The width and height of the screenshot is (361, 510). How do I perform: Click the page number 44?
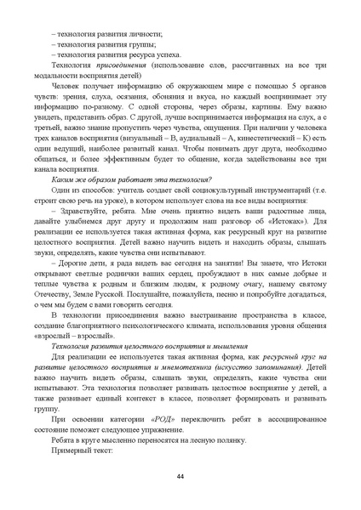[180, 475]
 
